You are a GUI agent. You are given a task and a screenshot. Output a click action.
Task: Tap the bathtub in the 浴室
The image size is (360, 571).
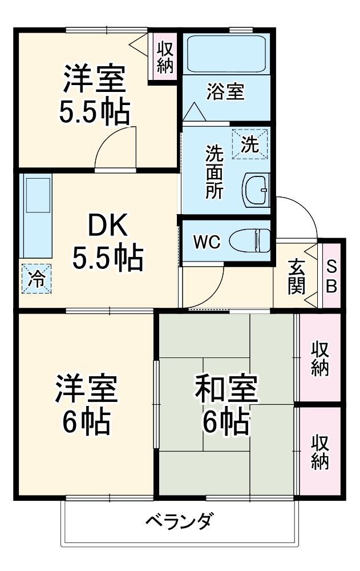point(226,54)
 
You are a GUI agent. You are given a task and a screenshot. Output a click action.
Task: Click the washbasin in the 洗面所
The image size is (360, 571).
point(257,190)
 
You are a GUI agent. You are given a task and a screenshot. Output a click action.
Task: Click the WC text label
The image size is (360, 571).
point(206,242)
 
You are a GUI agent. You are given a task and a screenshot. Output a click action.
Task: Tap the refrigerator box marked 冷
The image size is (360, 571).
point(36,279)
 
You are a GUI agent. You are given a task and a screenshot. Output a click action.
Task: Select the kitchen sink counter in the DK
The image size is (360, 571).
point(35,215)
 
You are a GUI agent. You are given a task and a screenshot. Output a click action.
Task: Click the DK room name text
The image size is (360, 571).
point(107,227)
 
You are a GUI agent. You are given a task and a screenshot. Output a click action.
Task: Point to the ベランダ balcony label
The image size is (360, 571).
point(180,521)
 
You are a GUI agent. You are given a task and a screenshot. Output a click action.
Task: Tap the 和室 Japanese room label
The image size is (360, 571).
point(226,389)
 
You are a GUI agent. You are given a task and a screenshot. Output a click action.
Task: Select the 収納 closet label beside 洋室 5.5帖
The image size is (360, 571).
point(165,57)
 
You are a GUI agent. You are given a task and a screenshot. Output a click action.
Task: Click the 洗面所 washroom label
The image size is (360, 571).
point(215,171)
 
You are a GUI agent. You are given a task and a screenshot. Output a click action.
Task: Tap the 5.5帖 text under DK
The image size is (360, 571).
point(107,259)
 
